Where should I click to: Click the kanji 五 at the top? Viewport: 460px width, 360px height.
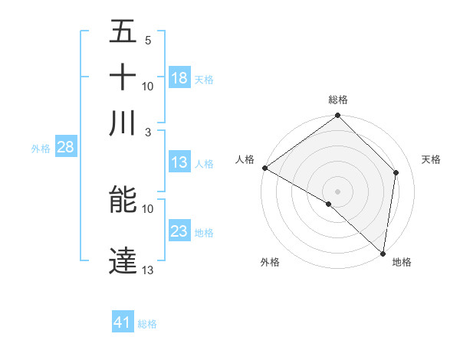coord(123,32)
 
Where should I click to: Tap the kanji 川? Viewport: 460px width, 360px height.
coord(123,123)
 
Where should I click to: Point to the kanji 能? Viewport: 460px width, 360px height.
coord(123,200)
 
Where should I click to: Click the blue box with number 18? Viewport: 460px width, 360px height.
coord(179,78)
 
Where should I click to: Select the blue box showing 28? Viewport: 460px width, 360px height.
coord(65,148)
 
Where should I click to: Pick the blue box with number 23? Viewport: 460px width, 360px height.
coord(179,231)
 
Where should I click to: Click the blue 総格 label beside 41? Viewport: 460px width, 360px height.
coord(147,324)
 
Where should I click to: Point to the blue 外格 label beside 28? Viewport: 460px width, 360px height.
coord(41,149)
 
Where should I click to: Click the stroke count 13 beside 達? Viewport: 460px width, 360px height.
coord(148,270)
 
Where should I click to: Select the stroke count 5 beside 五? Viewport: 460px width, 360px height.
coord(148,41)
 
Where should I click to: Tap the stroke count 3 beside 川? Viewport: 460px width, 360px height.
coord(148,132)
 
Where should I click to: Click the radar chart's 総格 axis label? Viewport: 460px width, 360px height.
coord(338,100)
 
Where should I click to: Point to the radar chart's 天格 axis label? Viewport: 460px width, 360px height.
coord(431,159)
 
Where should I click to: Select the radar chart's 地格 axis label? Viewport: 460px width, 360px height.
coord(402,262)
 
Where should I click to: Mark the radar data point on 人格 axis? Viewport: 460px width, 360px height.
coord(264,168)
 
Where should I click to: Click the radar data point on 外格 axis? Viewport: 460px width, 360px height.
coord(329,204)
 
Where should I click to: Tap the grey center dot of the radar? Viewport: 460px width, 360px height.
coord(337,191)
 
